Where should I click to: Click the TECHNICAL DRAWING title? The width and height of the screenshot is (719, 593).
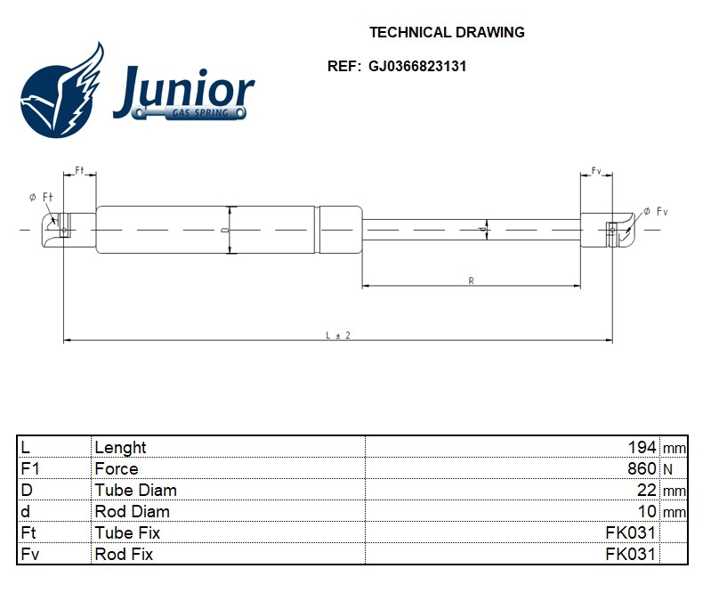tap(447, 33)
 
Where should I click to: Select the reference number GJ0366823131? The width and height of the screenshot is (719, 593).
tap(417, 66)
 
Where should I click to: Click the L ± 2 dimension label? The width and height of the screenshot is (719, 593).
tap(338, 335)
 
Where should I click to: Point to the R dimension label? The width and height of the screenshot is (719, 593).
tap(470, 280)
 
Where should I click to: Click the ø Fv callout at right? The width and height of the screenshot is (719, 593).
tap(656, 211)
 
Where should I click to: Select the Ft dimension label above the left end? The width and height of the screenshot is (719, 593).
tap(79, 169)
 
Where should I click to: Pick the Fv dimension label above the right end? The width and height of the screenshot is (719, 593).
tap(596, 170)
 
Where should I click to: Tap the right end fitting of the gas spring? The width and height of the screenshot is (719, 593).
tap(610, 230)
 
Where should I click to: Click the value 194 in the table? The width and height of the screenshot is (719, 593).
tap(642, 447)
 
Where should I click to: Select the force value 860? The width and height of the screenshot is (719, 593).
tap(642, 468)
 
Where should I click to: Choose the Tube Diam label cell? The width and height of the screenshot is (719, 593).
tap(136, 490)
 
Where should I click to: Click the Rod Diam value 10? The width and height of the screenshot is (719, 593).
tap(647, 511)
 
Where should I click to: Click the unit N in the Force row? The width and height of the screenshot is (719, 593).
tap(667, 468)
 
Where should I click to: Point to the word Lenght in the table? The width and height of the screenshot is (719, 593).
tap(121, 447)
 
